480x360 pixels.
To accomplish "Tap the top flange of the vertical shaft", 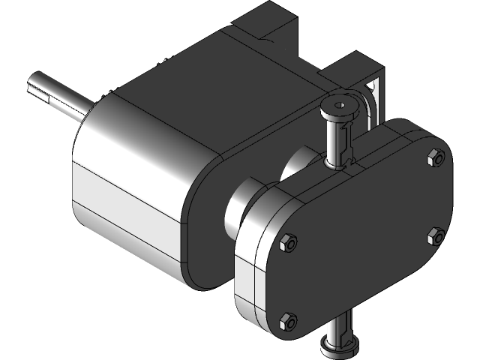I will pyautogui.click(x=338, y=105).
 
